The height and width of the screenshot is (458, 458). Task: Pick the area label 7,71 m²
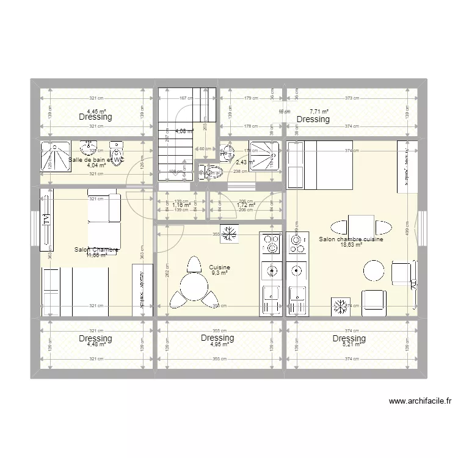(319, 112)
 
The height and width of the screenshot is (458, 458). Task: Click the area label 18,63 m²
(351, 245)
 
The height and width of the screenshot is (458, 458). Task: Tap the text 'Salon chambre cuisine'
(351, 239)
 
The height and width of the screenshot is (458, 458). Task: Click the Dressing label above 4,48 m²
(95, 338)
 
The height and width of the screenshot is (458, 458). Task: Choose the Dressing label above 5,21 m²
(349, 338)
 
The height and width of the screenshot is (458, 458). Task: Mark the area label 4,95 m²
(219, 344)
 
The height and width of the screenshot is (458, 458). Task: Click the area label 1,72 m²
(245, 206)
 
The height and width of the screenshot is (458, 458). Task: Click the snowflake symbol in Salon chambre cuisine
(340, 307)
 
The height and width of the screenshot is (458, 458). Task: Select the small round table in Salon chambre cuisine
(374, 269)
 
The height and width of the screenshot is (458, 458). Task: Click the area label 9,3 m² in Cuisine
(219, 274)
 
